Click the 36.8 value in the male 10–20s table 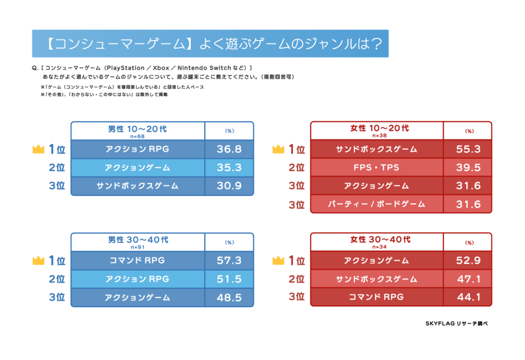(229, 149)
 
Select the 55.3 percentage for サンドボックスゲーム (469, 149)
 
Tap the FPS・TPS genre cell (376, 167)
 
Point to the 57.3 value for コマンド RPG (229, 261)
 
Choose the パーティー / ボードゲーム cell (376, 204)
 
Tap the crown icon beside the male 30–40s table (38, 261)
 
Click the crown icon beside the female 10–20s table (278, 149)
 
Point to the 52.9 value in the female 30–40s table (469, 261)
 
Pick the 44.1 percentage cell (469, 297)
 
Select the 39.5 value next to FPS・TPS (469, 167)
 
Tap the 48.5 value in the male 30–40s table (229, 297)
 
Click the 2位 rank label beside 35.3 (57, 168)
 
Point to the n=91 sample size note (137, 246)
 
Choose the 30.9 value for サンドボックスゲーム (229, 186)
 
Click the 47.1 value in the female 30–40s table (469, 279)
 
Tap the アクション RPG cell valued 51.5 (137, 279)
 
